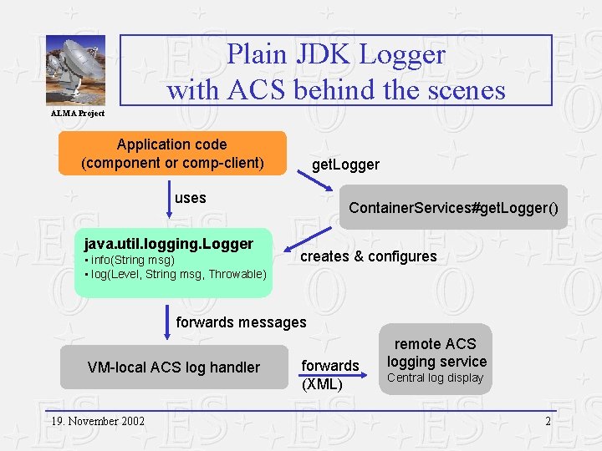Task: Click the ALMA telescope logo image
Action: pyautogui.click(x=75, y=71)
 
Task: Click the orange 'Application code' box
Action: pyautogui.click(x=172, y=153)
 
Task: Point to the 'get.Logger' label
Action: pyautogui.click(x=345, y=165)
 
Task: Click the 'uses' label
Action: pyautogui.click(x=191, y=198)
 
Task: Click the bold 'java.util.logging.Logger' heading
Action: pyautogui.click(x=169, y=244)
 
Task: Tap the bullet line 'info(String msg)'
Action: pyautogui.click(x=131, y=260)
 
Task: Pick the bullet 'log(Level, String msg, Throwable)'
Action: pyautogui.click(x=177, y=274)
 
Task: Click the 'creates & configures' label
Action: pyautogui.click(x=368, y=256)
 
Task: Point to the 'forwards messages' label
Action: pyautogui.click(x=242, y=322)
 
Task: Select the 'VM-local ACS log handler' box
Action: pyautogui.click(x=174, y=367)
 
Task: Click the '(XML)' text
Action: pyautogui.click(x=322, y=384)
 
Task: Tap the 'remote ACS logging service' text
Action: pyautogui.click(x=436, y=352)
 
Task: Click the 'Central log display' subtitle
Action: pyautogui.click(x=435, y=378)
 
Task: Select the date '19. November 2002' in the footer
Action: pyautogui.click(x=95, y=421)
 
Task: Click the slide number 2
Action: pyautogui.click(x=548, y=421)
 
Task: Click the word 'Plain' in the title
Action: pyautogui.click(x=257, y=55)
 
